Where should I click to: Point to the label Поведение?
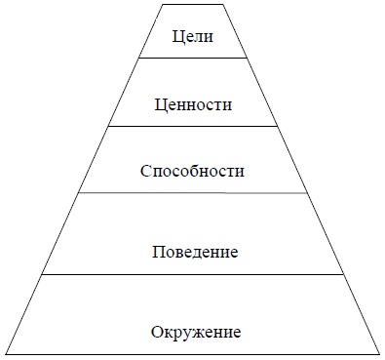click(196, 253)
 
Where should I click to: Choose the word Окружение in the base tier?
click(196, 332)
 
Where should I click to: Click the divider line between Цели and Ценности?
click(192, 59)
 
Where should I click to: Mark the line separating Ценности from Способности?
click(192, 126)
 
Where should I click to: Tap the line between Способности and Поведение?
click(192, 193)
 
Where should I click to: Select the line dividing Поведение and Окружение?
click(192, 274)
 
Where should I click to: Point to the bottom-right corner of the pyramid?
click(378, 352)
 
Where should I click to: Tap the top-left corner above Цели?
click(160, 4)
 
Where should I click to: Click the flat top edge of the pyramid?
click(192, 4)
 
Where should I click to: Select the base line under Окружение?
click(192, 352)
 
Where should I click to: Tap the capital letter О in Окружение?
click(157, 332)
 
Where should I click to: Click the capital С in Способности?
click(143, 171)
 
